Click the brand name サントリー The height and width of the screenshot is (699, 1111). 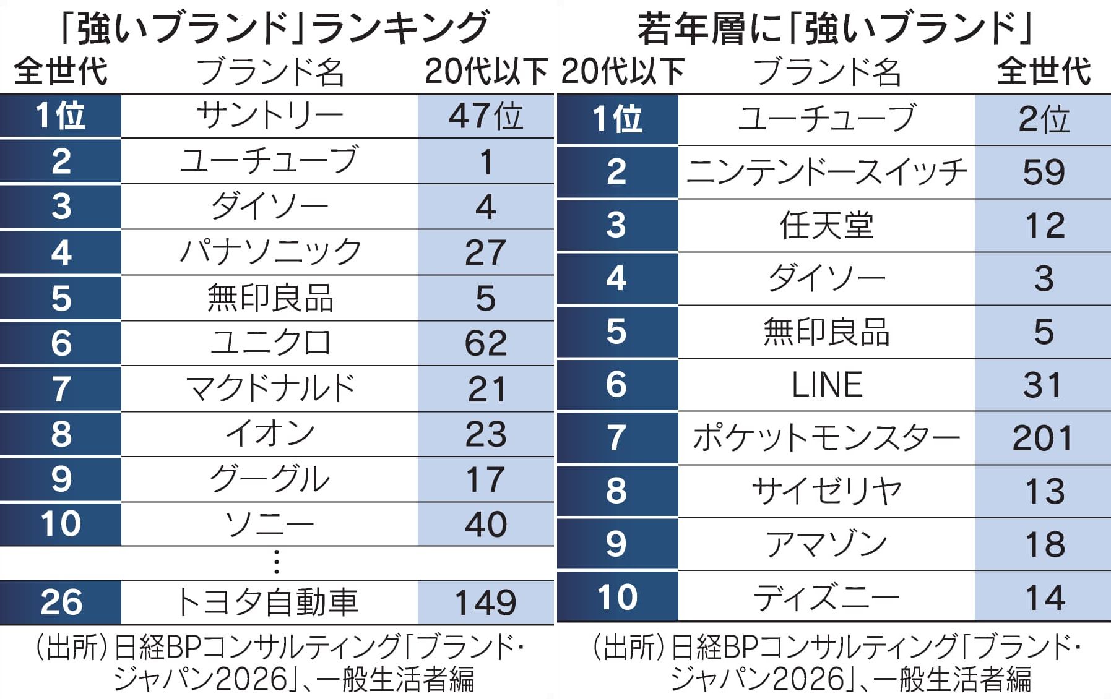(x=269, y=116)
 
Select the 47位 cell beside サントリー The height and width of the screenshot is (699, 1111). (x=486, y=116)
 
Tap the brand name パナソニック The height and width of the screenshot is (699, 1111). (x=270, y=252)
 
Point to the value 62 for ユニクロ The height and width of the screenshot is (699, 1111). (x=486, y=343)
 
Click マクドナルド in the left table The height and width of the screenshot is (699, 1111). (x=270, y=388)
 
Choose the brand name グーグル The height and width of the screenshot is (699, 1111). (x=269, y=479)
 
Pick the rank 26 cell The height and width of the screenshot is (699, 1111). (x=61, y=602)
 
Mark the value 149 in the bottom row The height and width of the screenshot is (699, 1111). (x=486, y=602)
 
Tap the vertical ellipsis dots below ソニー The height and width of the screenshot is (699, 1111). (x=276, y=562)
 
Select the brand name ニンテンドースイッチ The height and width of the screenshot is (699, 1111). (x=826, y=172)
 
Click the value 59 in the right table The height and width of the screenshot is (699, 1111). (x=1044, y=172)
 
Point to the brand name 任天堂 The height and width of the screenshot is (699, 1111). (x=826, y=225)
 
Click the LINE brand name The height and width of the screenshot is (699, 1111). (x=827, y=385)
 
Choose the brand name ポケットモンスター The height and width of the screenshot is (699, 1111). (x=826, y=438)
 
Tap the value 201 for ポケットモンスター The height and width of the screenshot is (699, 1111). (x=1043, y=438)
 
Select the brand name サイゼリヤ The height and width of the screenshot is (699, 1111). (x=826, y=491)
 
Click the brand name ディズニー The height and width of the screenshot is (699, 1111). (x=826, y=598)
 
